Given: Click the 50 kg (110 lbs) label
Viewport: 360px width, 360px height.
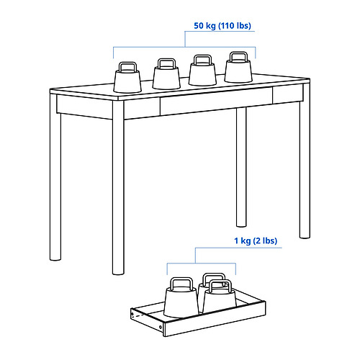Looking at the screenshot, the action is (222, 26).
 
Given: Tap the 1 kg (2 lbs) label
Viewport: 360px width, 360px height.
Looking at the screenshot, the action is (256, 240).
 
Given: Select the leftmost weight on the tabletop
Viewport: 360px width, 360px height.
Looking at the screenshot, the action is (127, 78).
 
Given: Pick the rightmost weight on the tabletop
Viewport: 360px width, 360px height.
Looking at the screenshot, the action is (238, 68).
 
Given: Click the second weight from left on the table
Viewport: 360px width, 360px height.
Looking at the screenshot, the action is (166, 74).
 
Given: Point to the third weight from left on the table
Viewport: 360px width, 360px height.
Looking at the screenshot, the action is (203, 71).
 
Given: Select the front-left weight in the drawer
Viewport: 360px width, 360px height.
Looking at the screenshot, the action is (181, 297).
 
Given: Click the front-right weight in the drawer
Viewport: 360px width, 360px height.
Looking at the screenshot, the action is (220, 297).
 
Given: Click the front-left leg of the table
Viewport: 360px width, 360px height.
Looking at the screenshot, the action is (118, 187).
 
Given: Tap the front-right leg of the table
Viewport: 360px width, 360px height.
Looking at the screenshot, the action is (305, 161).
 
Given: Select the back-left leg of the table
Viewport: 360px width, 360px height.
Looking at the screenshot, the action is (55, 178).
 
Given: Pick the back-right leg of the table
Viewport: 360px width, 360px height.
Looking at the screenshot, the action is (241, 167).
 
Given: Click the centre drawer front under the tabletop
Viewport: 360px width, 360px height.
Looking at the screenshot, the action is (216, 101).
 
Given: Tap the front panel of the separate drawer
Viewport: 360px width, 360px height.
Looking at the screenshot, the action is (215, 318).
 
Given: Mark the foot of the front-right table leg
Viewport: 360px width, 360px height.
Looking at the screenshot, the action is (305, 236).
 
